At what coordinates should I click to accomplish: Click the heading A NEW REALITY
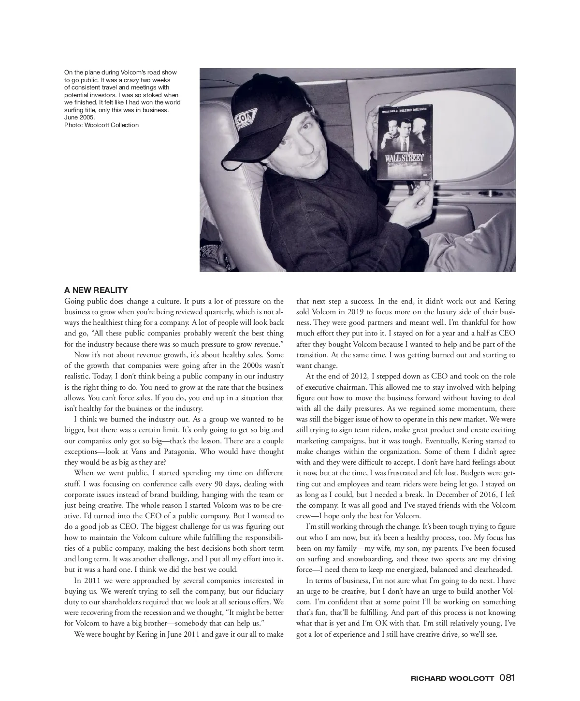point(96,290)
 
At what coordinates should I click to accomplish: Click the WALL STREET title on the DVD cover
point(404,158)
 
